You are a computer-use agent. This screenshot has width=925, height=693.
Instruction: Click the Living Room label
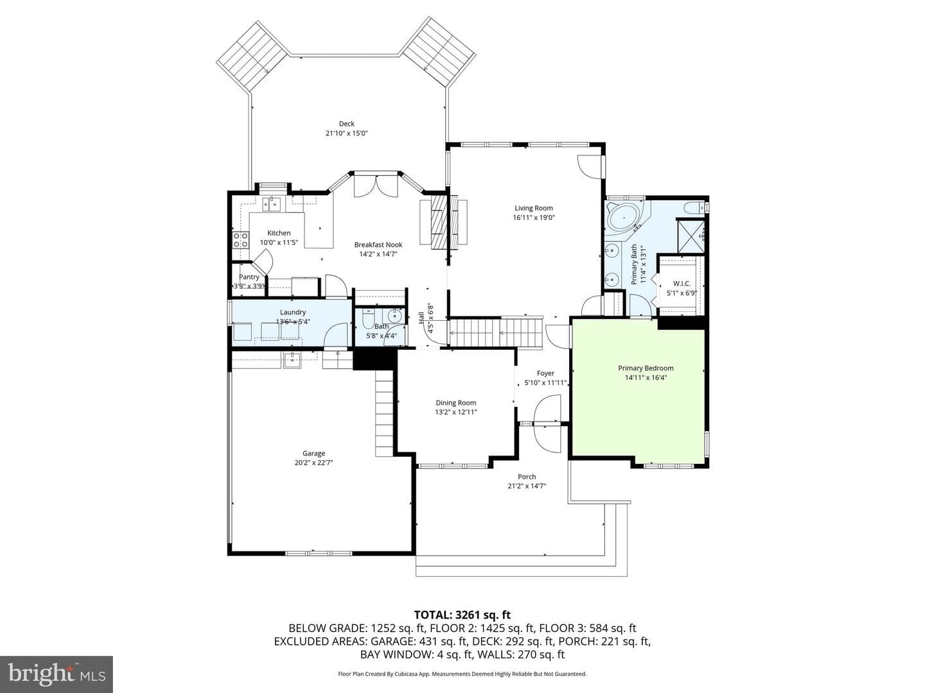coord(534,208)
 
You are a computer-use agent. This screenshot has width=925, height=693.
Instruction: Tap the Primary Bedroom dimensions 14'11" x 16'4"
coord(646,377)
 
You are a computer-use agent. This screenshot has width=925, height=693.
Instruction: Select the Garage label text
coord(313,453)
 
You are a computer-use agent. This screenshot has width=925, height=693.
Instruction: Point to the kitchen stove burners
coord(240,240)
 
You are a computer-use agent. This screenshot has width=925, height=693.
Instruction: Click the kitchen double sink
coord(272,204)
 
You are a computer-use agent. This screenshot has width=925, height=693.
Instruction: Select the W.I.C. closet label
coord(682,284)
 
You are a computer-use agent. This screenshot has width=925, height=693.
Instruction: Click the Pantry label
coord(249,277)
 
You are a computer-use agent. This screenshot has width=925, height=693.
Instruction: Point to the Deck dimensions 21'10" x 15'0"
coord(346,133)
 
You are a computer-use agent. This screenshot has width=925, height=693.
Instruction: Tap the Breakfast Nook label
coord(378,244)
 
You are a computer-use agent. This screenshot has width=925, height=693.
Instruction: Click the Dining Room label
coord(456,403)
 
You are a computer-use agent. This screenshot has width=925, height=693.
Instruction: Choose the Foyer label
coord(545,373)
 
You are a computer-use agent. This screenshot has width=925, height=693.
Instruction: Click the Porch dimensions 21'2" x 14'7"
coord(527,486)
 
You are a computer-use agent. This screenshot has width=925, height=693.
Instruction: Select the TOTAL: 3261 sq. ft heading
coord(463,615)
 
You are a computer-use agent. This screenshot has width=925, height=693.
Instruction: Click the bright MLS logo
coord(57,674)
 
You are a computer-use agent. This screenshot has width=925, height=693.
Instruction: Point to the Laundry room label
coord(293,312)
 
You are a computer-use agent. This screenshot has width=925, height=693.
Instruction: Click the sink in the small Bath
coord(395,315)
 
